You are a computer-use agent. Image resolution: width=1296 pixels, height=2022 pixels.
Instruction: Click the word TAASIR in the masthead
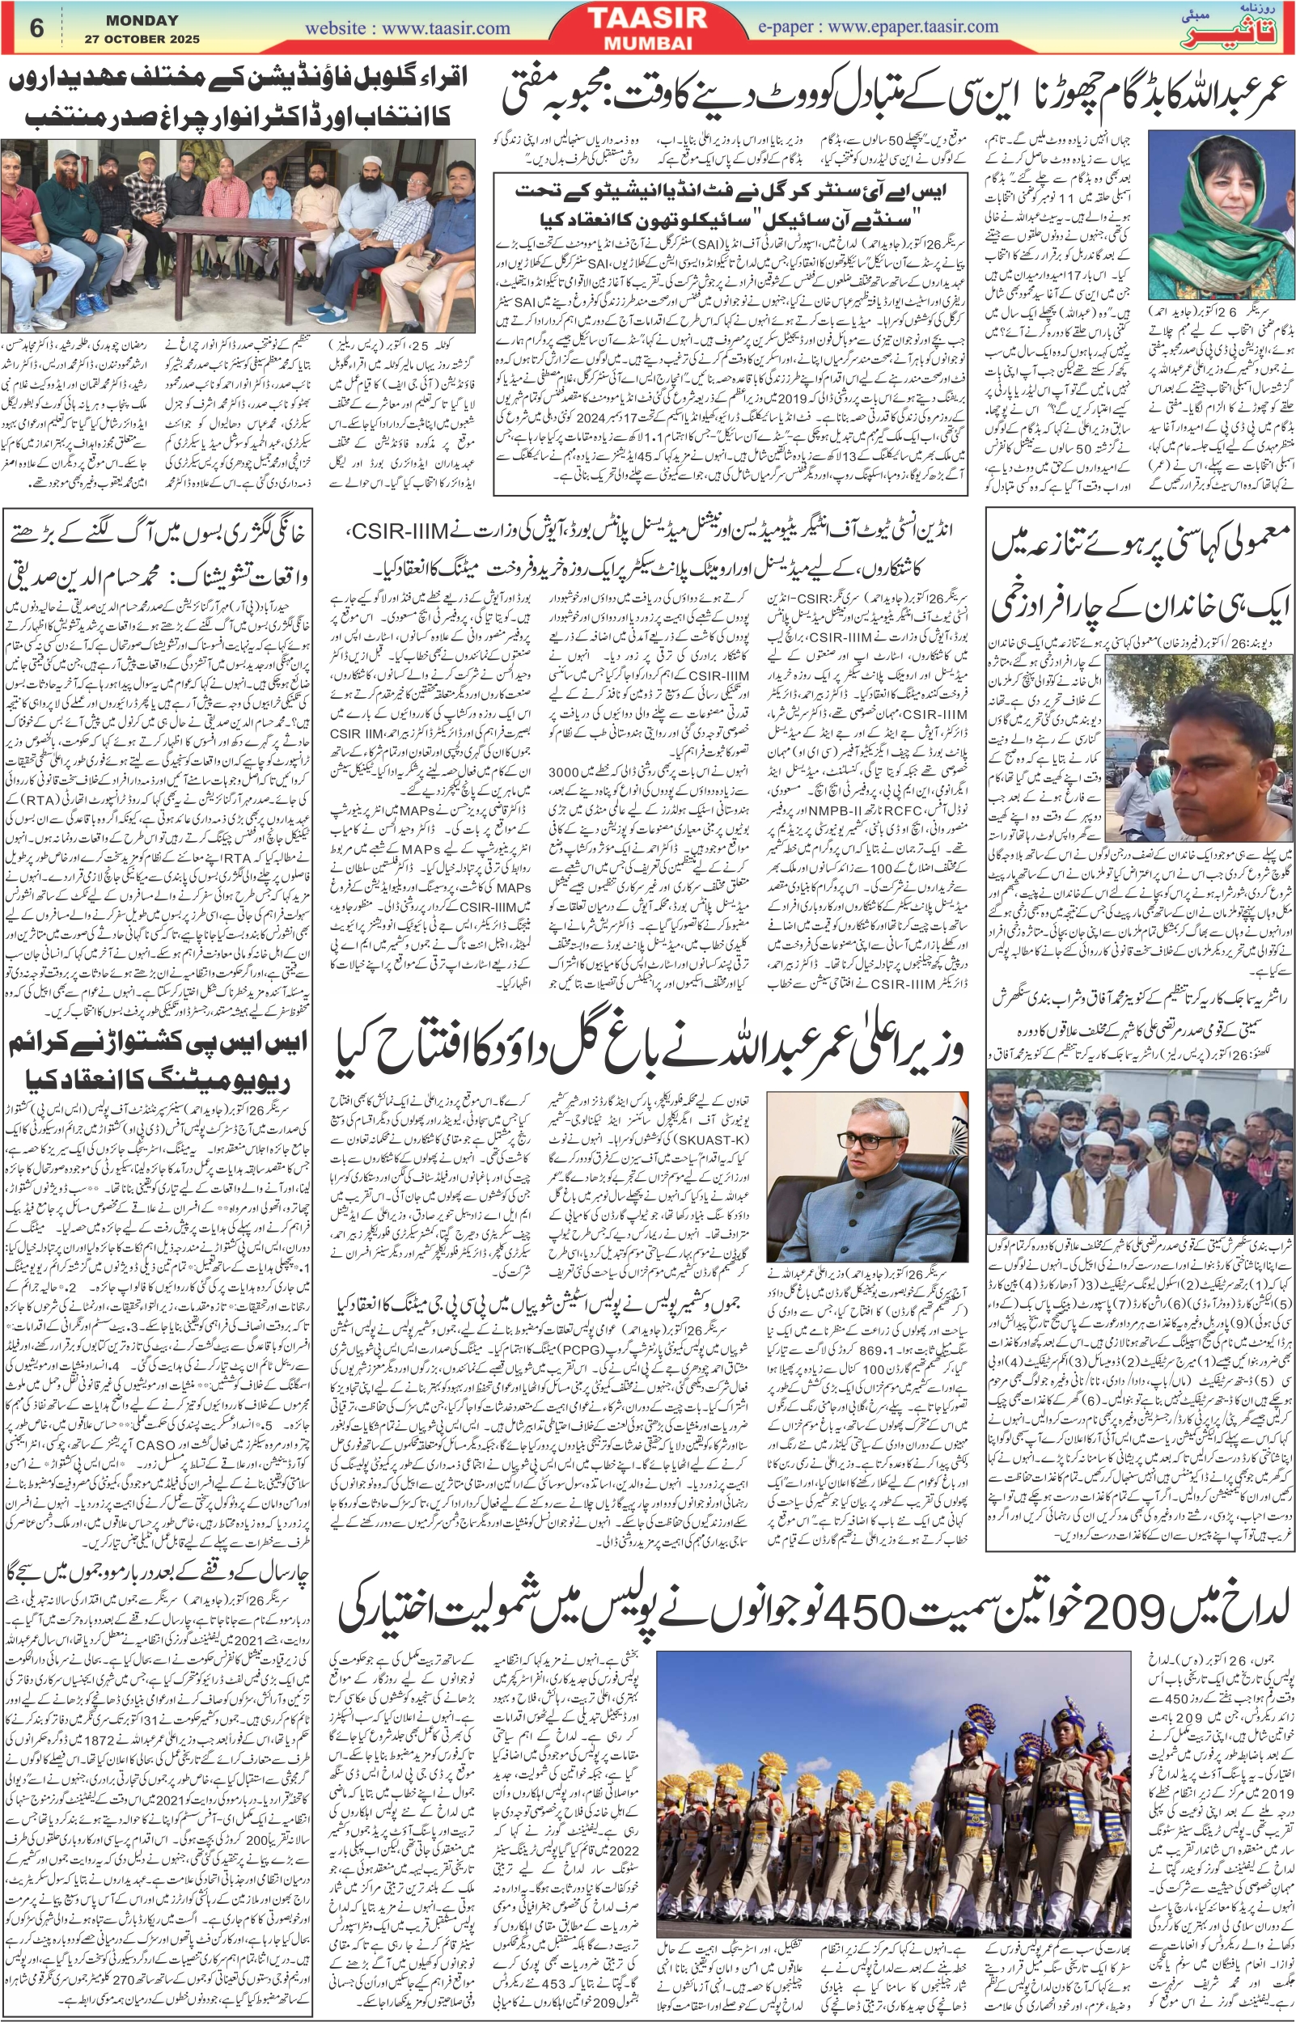click(647, 19)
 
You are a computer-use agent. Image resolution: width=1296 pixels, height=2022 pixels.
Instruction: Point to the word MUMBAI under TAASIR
click(647, 43)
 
